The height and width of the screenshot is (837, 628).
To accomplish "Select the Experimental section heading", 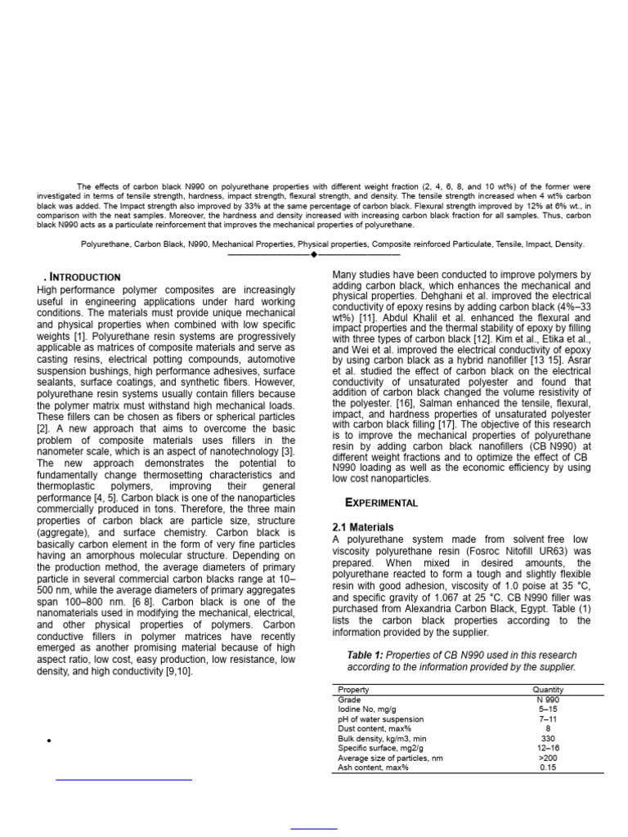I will point(382,503).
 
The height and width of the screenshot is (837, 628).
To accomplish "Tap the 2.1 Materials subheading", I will point(362,527).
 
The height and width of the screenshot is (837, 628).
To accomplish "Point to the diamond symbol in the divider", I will point(313,255).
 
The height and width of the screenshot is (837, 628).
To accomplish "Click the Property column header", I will point(353,690).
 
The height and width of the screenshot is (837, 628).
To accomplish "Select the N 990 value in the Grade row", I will point(547,700).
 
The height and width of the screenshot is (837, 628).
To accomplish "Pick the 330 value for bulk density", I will point(547,738).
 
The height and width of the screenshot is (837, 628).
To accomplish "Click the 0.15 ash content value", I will point(547,768).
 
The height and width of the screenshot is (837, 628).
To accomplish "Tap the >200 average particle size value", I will point(547,758).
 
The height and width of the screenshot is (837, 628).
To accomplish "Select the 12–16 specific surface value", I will point(547,748).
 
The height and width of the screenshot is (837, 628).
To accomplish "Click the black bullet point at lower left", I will point(50,741).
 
